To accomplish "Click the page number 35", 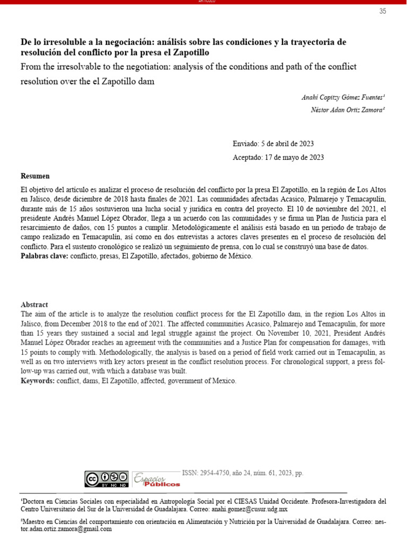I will pos(383,12).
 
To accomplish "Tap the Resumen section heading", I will pos(35,176).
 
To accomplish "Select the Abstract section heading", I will pos(34,305).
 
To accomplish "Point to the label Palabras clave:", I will pos(45,256).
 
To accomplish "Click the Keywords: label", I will pos(38,381).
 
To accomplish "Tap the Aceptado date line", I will pos(278,157).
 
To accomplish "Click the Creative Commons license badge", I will pos(106,479).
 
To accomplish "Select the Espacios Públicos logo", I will pos(155,478).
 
